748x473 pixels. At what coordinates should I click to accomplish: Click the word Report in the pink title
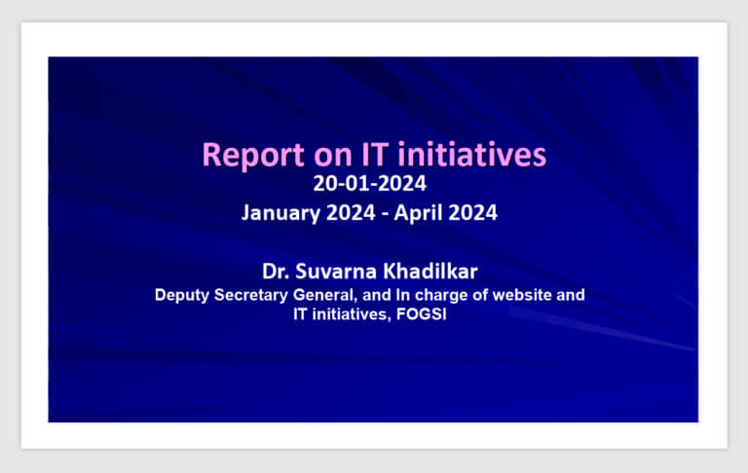point(253,156)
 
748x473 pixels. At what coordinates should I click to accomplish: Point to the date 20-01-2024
point(370,184)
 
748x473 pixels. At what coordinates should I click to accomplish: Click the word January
point(280,213)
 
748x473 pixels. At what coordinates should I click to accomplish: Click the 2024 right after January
point(351,213)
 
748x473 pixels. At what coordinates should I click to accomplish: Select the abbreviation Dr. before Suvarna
point(276,272)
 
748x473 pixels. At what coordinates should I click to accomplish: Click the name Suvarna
point(336,272)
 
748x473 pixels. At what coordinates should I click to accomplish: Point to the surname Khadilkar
point(430,272)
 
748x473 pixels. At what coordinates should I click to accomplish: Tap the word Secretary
point(251,296)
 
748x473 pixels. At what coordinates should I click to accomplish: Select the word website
point(522,295)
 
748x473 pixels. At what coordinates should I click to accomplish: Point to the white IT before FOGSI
point(300,314)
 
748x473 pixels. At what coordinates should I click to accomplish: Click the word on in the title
point(333,158)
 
